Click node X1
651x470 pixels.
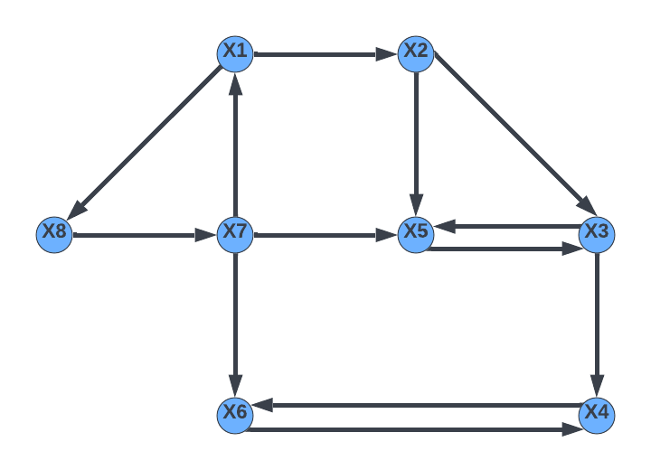[235, 53]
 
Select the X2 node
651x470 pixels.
[416, 53]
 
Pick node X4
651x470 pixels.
[597, 414]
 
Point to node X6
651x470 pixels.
[235, 414]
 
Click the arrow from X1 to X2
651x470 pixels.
[325, 54]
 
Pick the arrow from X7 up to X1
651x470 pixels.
[235, 145]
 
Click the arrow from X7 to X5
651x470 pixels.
[325, 235]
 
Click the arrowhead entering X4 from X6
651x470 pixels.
[573, 428]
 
